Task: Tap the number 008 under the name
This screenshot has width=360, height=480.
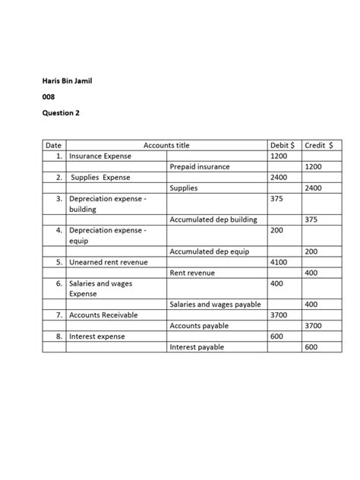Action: (x=48, y=97)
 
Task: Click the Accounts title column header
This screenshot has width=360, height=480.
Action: (x=166, y=145)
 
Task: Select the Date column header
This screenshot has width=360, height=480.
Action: (x=53, y=145)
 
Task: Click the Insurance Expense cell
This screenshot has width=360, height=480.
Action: (x=100, y=156)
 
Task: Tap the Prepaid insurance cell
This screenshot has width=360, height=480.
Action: (x=199, y=166)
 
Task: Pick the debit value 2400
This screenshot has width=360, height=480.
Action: (x=279, y=177)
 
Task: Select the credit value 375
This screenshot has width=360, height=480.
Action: (x=311, y=219)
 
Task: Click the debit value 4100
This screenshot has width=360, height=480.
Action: (x=279, y=262)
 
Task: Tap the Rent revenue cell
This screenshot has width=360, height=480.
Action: (x=192, y=273)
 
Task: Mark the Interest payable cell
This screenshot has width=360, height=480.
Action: (x=197, y=347)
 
